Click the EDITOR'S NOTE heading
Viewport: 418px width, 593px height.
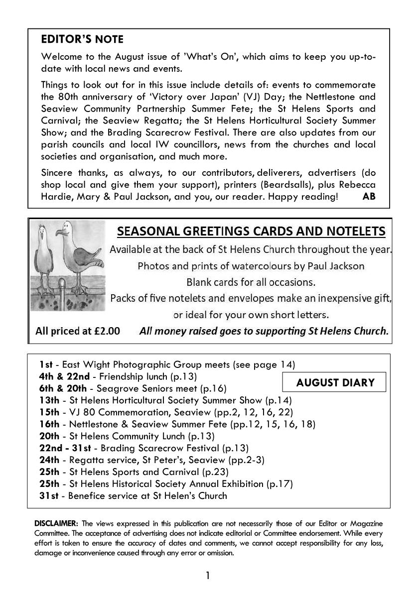82,39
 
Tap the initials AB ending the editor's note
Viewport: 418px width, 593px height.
369,196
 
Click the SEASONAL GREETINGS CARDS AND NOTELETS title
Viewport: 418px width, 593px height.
251,232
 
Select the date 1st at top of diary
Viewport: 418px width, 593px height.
46,364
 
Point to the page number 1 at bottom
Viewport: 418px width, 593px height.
208,576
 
